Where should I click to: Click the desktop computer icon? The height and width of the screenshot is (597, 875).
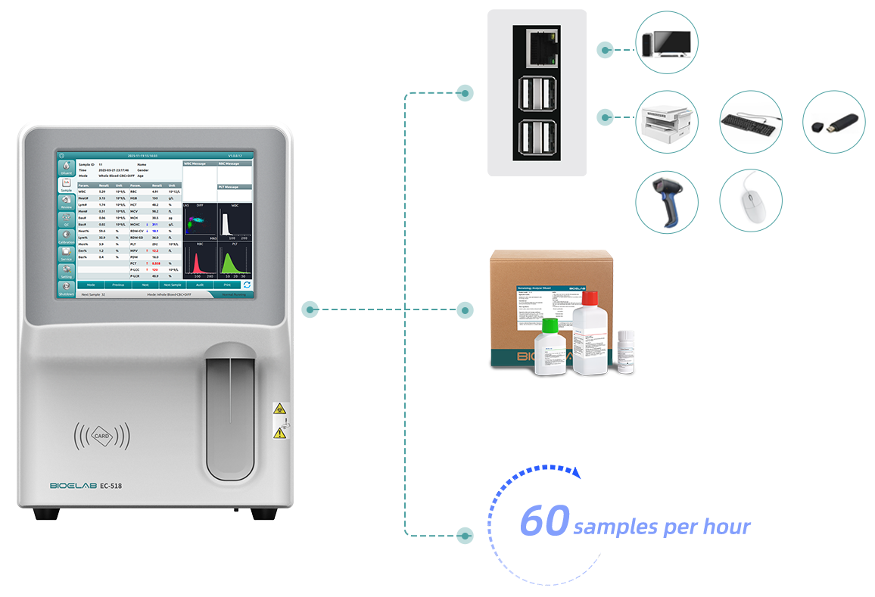(x=667, y=42)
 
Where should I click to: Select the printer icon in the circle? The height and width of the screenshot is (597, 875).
(x=667, y=122)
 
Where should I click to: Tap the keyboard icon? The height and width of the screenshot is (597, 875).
(x=750, y=122)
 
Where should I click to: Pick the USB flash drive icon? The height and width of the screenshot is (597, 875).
(x=833, y=122)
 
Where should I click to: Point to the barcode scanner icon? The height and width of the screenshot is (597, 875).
(x=667, y=201)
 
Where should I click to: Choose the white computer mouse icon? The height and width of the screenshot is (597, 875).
(x=750, y=201)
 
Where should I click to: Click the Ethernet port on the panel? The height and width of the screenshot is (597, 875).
(x=537, y=46)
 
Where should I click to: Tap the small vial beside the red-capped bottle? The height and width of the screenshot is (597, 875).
(x=624, y=353)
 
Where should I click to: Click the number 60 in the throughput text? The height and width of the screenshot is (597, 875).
(x=544, y=523)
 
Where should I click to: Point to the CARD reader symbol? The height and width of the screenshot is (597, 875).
(x=101, y=436)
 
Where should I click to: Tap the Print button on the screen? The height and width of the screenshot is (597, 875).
(x=226, y=285)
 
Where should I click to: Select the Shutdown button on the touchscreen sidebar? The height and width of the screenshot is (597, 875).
(x=67, y=288)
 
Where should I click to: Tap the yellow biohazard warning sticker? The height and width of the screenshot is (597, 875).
(x=279, y=408)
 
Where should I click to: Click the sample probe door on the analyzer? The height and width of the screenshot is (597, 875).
(x=231, y=412)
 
